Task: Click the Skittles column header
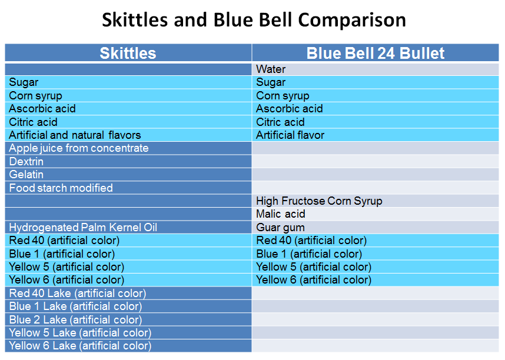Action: pyautogui.click(x=128, y=53)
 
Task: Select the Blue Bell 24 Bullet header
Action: pyautogui.click(x=375, y=53)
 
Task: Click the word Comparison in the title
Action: pyautogui.click(x=352, y=20)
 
